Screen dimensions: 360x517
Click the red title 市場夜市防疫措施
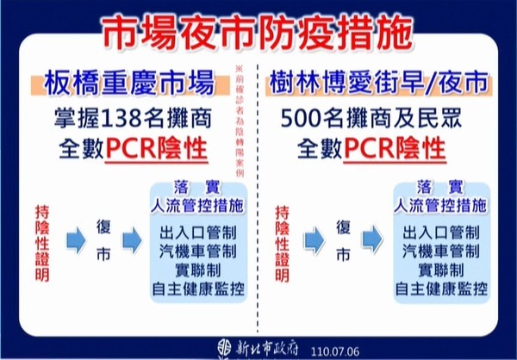(256, 32)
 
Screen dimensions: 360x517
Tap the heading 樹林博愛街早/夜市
(373, 85)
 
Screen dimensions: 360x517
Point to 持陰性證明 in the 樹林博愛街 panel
(282, 244)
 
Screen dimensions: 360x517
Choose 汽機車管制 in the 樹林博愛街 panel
(437, 251)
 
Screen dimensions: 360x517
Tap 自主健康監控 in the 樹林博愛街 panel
(437, 288)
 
